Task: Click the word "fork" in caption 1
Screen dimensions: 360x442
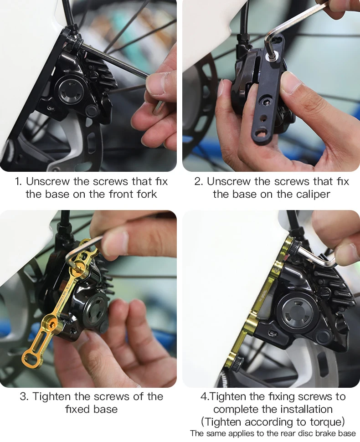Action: [x=145, y=194]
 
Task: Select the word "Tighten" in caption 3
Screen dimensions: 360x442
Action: [x=51, y=397]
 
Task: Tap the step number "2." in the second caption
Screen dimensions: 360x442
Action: [x=199, y=182]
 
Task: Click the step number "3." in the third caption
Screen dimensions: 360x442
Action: [x=24, y=397]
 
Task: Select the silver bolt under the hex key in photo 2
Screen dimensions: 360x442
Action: [x=272, y=57]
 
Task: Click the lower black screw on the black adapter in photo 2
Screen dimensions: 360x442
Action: [x=266, y=101]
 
